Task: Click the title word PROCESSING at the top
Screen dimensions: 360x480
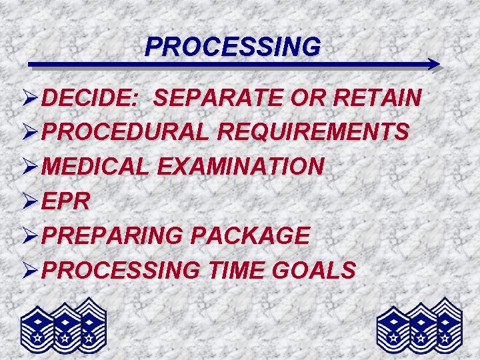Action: click(233, 47)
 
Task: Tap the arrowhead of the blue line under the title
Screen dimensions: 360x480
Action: click(434, 65)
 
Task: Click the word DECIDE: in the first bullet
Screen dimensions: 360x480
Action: click(89, 99)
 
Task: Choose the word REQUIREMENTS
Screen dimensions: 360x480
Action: click(313, 132)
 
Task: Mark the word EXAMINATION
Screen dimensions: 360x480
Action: click(241, 166)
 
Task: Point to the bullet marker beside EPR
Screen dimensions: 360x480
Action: click(29, 201)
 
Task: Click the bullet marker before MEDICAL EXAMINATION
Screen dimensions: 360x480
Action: click(29, 166)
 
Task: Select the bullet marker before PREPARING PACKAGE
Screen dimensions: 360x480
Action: click(29, 235)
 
